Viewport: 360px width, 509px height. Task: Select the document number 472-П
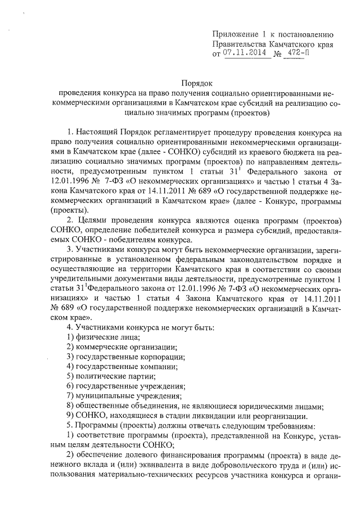pyautogui.click(x=298, y=54)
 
